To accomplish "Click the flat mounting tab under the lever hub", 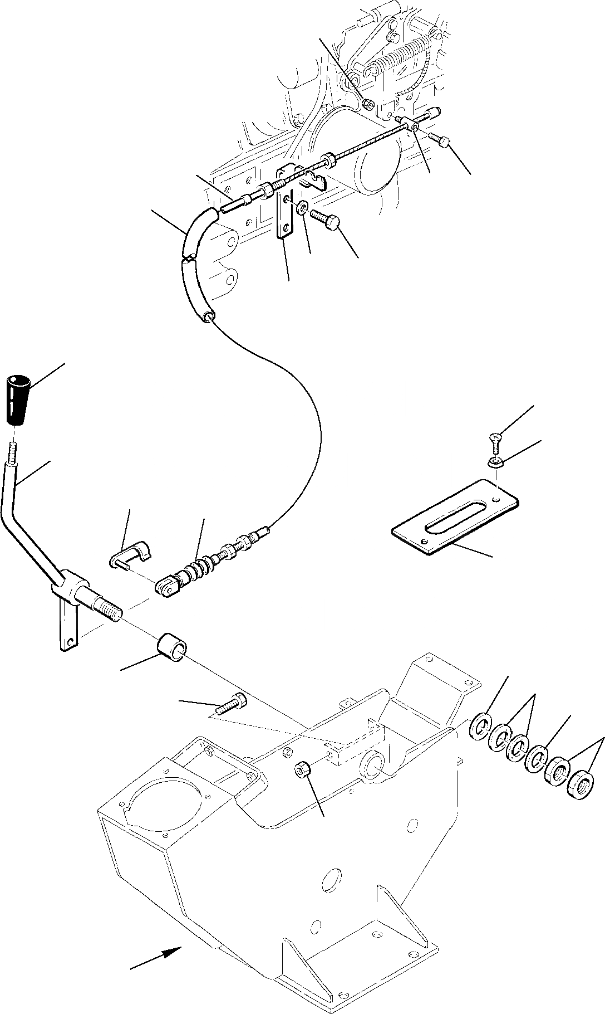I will (66, 630).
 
